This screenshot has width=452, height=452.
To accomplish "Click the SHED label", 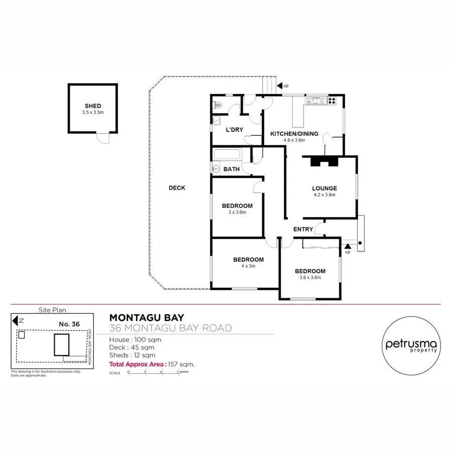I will (x=93, y=106).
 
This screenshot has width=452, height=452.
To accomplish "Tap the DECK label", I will (x=177, y=188).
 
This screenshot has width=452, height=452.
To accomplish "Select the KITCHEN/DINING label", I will (x=294, y=134).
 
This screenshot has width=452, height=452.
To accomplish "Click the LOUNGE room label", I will (x=324, y=188).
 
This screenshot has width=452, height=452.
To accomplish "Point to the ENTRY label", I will (x=303, y=230).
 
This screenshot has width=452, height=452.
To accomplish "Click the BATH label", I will (x=231, y=169).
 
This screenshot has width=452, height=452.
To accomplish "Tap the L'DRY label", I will (x=235, y=130).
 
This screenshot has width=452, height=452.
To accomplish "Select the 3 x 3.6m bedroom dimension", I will (x=237, y=212).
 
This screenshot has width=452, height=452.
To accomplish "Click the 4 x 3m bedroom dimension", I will (x=248, y=266).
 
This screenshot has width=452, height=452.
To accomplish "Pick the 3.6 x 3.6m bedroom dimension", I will (x=310, y=277).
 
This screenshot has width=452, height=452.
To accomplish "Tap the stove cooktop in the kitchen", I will (x=331, y=101).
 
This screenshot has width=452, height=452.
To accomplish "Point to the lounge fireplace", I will (x=323, y=162).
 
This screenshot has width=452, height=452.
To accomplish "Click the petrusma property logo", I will (x=411, y=345).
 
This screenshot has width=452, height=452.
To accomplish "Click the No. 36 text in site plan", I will (x=69, y=324).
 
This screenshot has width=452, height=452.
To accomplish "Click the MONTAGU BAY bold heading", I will (x=147, y=317).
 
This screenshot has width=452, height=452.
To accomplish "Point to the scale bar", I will (x=153, y=373).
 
